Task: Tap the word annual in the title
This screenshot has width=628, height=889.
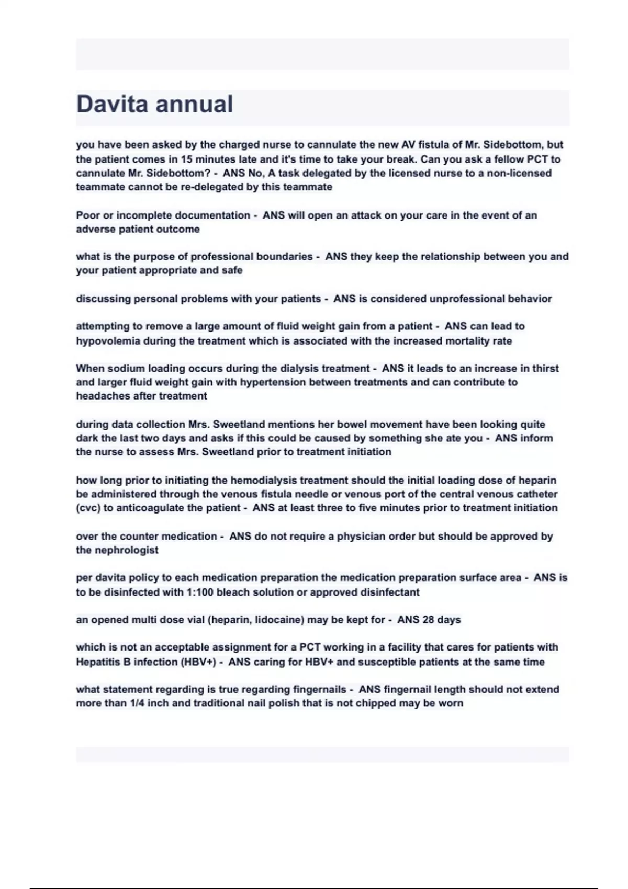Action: [195, 104]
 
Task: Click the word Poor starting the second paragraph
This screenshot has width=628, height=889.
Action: [88, 215]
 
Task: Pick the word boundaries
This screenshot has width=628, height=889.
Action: [284, 257]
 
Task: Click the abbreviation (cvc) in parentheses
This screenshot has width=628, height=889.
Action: [88, 508]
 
